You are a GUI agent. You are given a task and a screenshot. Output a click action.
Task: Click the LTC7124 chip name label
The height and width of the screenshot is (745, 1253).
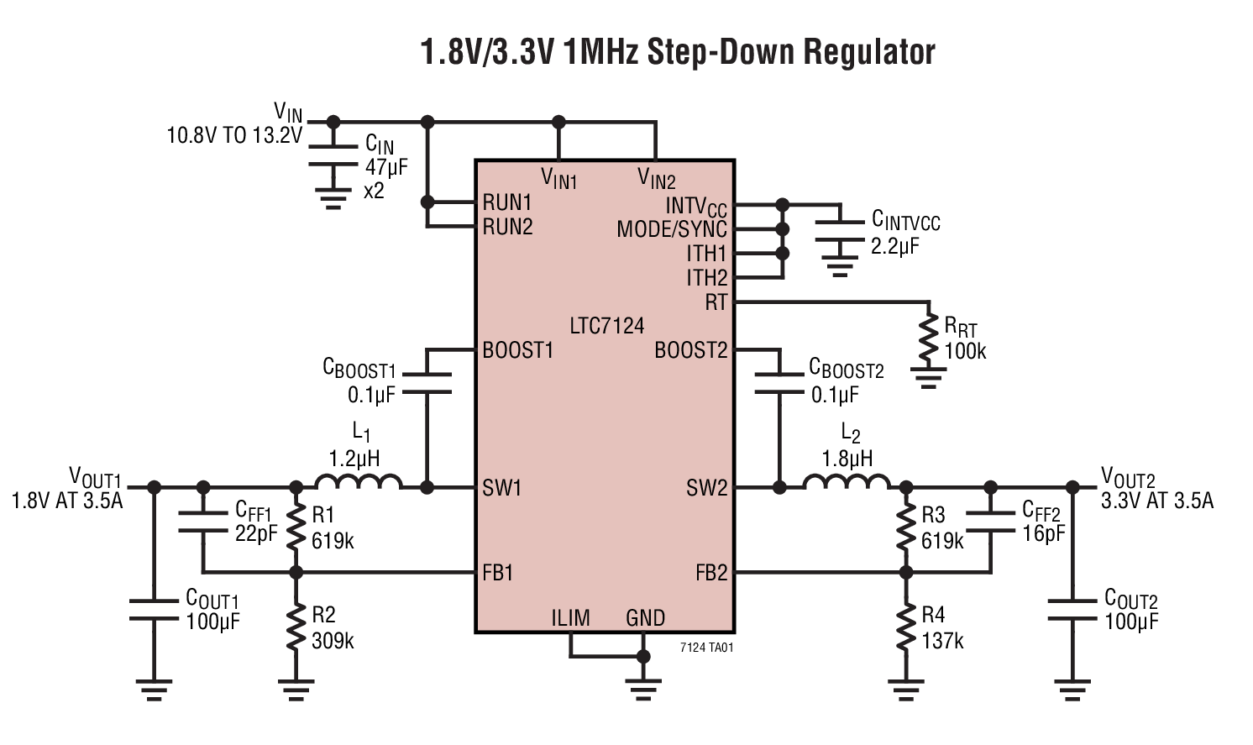[x=606, y=326]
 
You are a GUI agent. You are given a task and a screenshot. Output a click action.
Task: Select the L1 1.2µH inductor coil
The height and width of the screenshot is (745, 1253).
[x=359, y=482]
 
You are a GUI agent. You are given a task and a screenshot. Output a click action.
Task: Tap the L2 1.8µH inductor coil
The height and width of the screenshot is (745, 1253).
[x=847, y=482]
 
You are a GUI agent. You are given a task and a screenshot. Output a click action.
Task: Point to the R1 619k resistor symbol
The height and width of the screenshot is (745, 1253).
[x=296, y=528]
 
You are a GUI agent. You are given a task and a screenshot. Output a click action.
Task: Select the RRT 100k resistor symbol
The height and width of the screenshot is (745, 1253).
[x=928, y=336]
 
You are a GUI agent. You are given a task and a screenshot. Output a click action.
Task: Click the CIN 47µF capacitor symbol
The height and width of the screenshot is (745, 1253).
[x=333, y=157]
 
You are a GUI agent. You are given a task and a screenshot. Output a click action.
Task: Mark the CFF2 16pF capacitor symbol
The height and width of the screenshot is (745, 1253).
[x=991, y=521]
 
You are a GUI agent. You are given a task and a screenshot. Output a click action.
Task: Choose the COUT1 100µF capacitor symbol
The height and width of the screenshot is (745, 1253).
[x=154, y=610]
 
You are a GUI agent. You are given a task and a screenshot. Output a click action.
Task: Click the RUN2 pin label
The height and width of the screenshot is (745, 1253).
[x=507, y=227]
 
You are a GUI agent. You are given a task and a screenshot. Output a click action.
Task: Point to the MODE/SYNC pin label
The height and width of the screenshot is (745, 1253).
[x=672, y=229]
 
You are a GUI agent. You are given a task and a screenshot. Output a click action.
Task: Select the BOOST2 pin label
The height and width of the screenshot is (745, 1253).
[x=690, y=350]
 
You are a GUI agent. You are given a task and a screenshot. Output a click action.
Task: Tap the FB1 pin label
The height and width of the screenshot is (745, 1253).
[x=497, y=573]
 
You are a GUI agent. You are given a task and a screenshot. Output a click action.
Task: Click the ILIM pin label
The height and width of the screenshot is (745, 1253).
[x=570, y=618]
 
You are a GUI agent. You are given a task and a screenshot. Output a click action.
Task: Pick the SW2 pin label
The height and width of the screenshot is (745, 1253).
[x=706, y=488]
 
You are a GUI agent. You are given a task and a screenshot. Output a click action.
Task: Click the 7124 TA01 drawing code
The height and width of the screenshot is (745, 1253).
[x=706, y=648]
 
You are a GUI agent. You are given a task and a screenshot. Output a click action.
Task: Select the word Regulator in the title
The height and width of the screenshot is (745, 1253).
[x=869, y=52]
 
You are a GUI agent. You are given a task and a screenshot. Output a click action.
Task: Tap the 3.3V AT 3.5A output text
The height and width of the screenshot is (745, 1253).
[x=1156, y=501]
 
